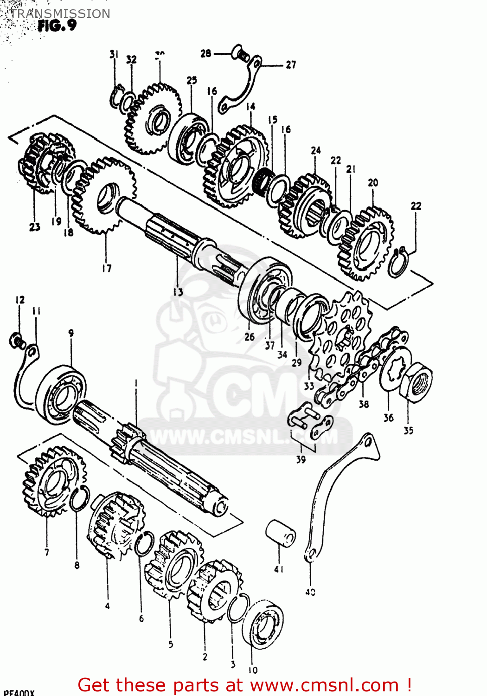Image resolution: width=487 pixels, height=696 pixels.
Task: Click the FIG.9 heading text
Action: [x=57, y=26]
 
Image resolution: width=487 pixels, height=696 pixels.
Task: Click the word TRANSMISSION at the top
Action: [x=60, y=13]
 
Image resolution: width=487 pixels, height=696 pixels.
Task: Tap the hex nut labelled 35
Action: [x=416, y=382]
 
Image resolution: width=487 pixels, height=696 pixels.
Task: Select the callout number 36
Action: [x=388, y=418]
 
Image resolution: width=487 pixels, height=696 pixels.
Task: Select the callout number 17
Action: [x=107, y=268]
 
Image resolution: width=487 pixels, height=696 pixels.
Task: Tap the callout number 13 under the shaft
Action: [x=178, y=291]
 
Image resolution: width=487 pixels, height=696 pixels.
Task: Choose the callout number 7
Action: [x=46, y=552]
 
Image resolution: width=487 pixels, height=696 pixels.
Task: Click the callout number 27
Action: [x=291, y=65]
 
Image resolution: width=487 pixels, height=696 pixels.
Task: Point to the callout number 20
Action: [x=373, y=183]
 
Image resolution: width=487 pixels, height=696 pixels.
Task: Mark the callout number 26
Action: [x=250, y=337]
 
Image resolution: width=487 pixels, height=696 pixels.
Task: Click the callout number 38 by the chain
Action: [x=364, y=404]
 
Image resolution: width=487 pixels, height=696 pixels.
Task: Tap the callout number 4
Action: [x=107, y=606]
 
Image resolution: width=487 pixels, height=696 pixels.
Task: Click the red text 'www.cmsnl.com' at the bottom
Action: [x=325, y=685]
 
